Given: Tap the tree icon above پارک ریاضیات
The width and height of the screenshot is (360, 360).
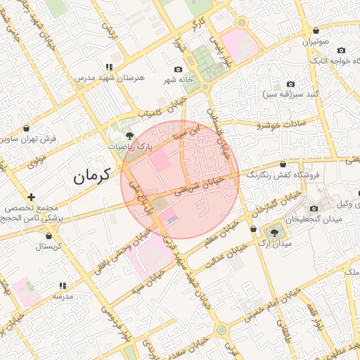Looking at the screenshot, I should pos(128,134).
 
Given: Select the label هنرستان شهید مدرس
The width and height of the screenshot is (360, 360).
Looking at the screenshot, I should pos(110,78).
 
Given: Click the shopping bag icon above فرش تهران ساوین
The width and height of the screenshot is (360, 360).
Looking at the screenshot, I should pos(27,129).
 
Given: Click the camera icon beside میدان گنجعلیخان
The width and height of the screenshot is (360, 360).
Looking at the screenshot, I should pos(314,209).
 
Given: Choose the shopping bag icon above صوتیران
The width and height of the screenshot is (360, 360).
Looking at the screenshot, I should pos(316,31).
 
